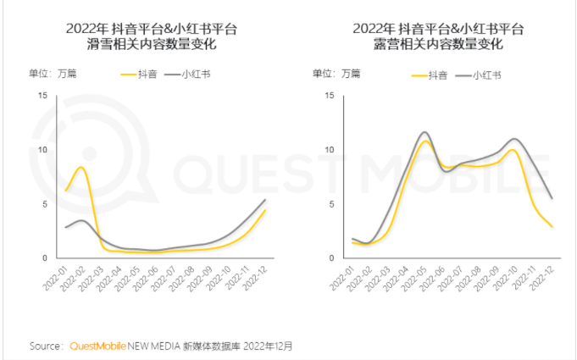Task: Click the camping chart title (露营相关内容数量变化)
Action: pyautogui.click(x=438, y=44)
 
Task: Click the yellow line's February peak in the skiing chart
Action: pyautogui.click(x=80, y=167)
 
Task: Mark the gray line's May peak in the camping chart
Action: pyautogui.click(x=424, y=132)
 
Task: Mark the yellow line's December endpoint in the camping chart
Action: pyautogui.click(x=552, y=226)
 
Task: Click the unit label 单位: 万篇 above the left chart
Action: pyautogui.click(x=53, y=74)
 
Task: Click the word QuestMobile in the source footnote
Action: pyautogui.click(x=97, y=346)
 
